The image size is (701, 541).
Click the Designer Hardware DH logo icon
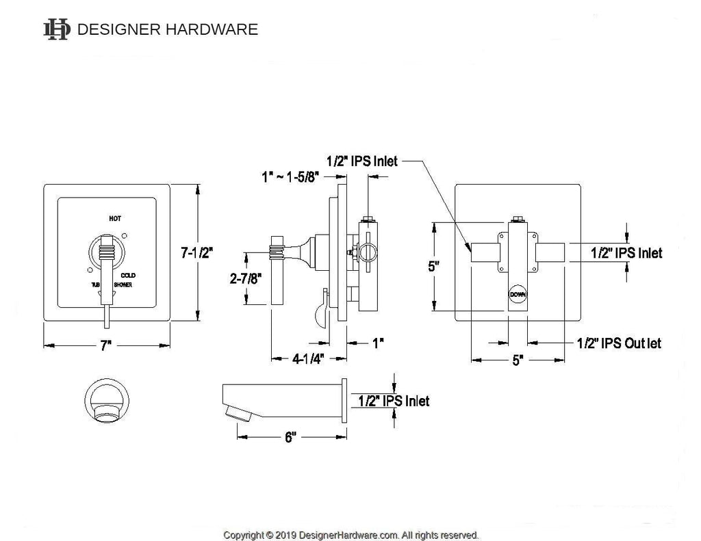(x=56, y=29)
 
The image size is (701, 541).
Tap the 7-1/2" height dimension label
(x=197, y=252)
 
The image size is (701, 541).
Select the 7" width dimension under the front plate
(x=105, y=346)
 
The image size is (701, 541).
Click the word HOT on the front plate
(x=115, y=219)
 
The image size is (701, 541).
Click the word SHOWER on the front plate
(x=123, y=284)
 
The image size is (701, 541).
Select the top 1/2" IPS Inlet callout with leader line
(x=361, y=162)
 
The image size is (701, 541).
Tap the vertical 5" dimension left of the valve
(x=433, y=267)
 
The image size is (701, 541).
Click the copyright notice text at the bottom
(x=350, y=535)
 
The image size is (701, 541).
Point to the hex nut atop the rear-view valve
(x=518, y=220)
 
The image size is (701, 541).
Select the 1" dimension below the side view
(x=377, y=343)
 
